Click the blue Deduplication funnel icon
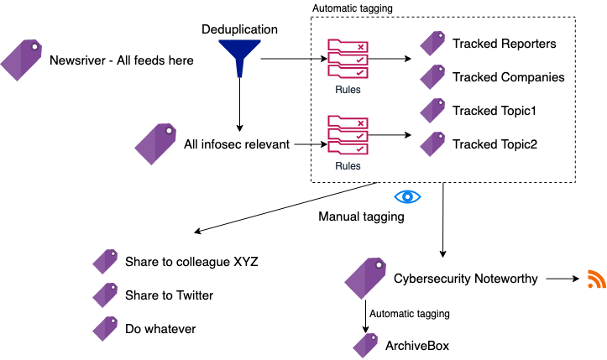click(x=239, y=59)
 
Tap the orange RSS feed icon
click(x=596, y=280)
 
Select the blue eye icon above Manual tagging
click(x=407, y=196)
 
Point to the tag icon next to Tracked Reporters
click(x=432, y=43)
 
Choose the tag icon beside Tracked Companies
click(x=432, y=76)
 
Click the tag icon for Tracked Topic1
click(x=432, y=110)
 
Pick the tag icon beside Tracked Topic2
click(x=432, y=143)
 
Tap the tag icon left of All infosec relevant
click(x=156, y=143)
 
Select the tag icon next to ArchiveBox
click(x=365, y=345)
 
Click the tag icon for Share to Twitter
click(x=104, y=295)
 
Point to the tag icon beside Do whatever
click(x=104, y=328)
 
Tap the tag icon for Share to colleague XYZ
click(x=104, y=261)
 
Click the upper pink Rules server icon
click(x=347, y=59)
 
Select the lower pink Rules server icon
click(x=347, y=136)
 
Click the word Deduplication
click(x=239, y=29)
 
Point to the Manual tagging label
click(x=361, y=217)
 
